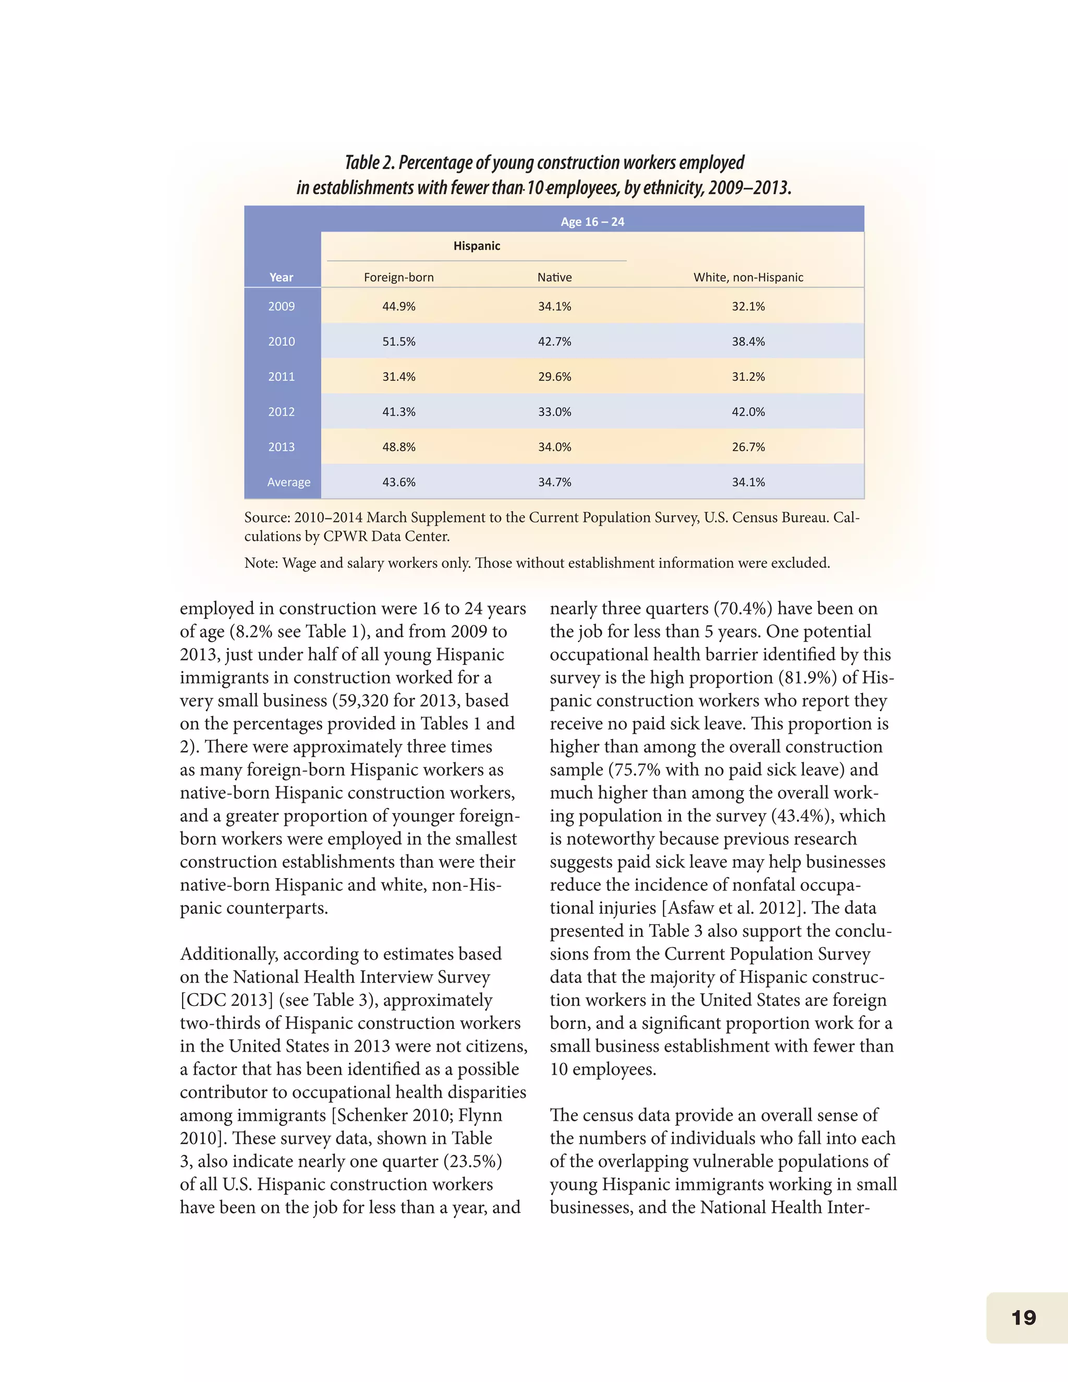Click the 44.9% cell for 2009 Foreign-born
[x=398, y=306]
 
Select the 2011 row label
[x=281, y=377]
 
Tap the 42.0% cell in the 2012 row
[x=748, y=412]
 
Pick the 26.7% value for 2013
[x=748, y=447]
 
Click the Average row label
[x=288, y=482]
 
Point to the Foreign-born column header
[x=398, y=277]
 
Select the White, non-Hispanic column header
[x=748, y=277]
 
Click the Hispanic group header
[x=477, y=246]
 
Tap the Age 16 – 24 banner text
[x=592, y=222]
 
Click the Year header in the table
[x=281, y=277]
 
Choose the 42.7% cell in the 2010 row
[x=554, y=342]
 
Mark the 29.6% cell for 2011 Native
[x=554, y=377]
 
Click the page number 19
[x=1023, y=1317]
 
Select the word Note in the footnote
[x=259, y=563]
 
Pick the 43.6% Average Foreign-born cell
[x=398, y=482]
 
